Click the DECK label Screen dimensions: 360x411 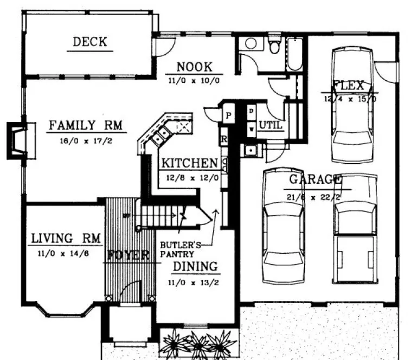(x=90, y=41)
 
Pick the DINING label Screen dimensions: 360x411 (x=195, y=267)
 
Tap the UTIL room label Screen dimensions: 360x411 (x=268, y=125)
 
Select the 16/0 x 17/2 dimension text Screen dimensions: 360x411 (x=87, y=140)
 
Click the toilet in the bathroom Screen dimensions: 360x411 (x=275, y=46)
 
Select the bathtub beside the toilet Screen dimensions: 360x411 (x=294, y=54)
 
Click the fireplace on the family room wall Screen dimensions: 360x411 (x=17, y=141)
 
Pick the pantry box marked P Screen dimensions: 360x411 (x=228, y=116)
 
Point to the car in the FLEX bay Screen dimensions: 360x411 (x=352, y=106)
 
